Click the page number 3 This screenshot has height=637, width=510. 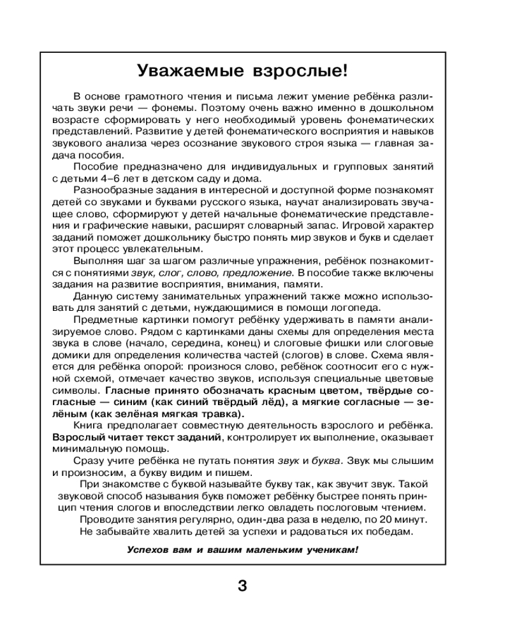click(x=242, y=585)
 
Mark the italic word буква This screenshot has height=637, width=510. click(x=326, y=461)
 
